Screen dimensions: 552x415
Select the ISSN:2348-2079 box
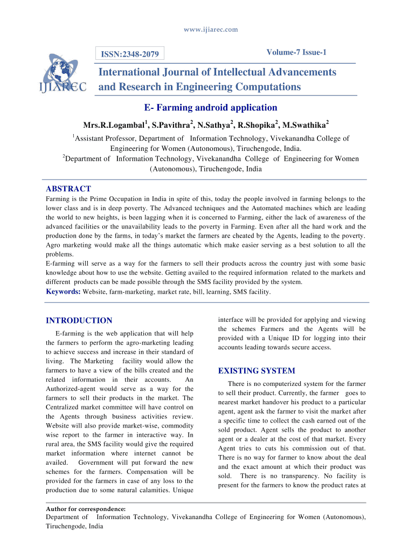point(130,54)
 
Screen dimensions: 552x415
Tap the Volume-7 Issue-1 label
point(296,52)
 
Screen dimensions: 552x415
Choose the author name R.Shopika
point(257,126)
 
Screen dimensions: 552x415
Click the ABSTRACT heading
point(68,189)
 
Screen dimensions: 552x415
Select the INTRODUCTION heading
point(79,321)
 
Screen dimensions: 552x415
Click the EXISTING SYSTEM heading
point(257,371)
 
